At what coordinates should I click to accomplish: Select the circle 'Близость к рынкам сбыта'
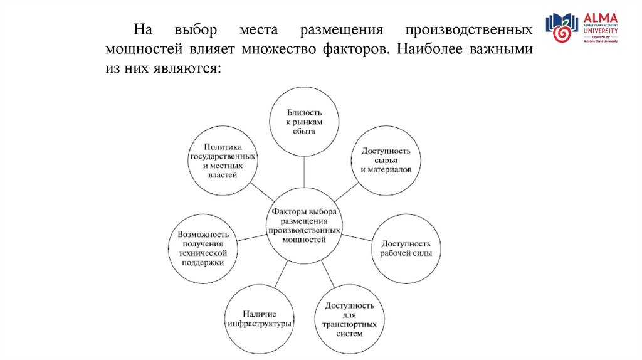coord(305,122)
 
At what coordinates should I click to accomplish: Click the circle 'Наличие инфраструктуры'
coord(258,319)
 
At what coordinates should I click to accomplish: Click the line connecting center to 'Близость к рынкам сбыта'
coord(305,171)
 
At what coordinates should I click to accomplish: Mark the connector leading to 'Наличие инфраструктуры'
coord(281,274)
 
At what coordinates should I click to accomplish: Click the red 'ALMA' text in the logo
coord(600,18)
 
